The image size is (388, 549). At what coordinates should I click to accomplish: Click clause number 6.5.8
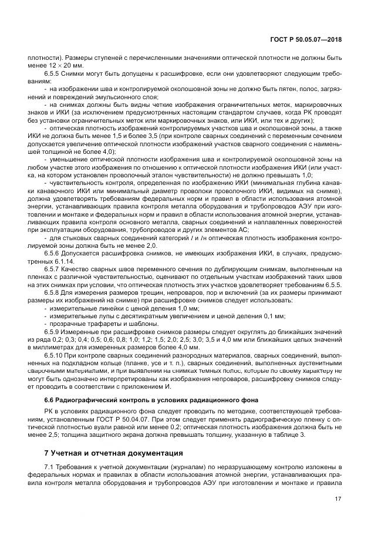point(54,292)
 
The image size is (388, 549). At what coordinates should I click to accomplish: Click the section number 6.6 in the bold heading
point(50,399)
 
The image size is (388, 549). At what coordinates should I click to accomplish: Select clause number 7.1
point(52,467)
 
